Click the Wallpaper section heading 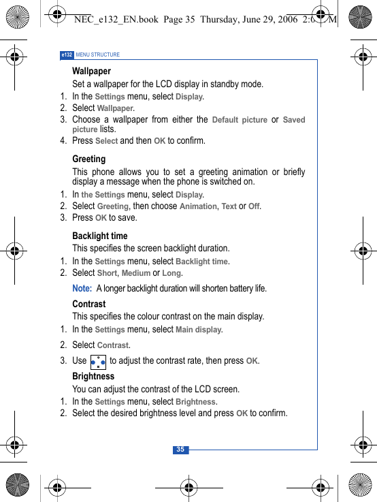point(91,71)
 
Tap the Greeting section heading point(88,159)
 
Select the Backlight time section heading point(100,236)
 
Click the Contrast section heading point(88,304)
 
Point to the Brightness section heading point(93,376)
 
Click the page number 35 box point(180,450)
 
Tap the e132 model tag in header point(67,54)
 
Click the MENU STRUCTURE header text point(97,54)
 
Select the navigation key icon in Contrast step point(97,362)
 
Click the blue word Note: point(82,288)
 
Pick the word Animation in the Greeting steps point(198,206)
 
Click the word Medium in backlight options point(135,273)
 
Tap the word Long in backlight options point(171,273)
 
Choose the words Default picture point(239,120)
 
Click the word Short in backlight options point(107,273)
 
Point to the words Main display point(198,330)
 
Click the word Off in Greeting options point(254,206)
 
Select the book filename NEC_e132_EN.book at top point(115,20)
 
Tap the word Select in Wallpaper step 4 point(106,141)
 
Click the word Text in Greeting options point(229,206)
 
